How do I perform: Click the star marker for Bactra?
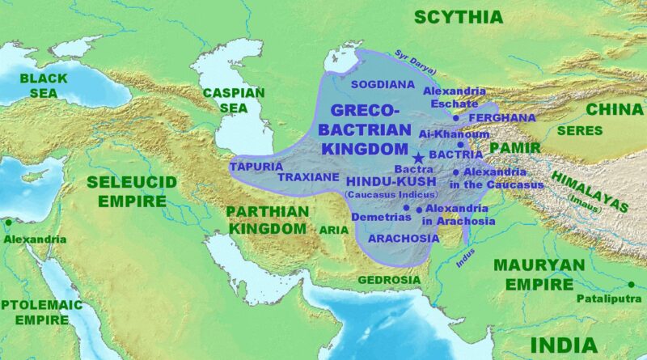pos(418,158)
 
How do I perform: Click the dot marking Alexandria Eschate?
pos(455,118)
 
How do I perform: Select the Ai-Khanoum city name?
pos(454,134)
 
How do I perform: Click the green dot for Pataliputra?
pos(631,284)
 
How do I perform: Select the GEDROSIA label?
pos(390,280)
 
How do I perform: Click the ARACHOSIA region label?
pos(404,239)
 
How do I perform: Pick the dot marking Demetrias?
pos(406,208)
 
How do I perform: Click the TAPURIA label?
pos(256,167)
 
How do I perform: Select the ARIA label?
pos(334,230)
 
